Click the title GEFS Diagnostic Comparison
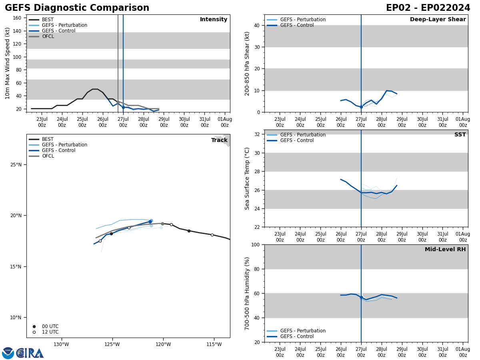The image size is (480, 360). click(77, 8)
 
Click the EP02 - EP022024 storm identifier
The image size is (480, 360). click(428, 8)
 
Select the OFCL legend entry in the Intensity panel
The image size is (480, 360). click(48, 36)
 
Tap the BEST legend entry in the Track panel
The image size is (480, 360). click(48, 139)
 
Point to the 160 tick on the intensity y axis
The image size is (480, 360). click(18, 18)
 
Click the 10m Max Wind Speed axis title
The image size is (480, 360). click(8, 63)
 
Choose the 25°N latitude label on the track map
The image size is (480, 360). click(16, 165)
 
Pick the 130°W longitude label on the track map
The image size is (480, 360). click(61, 344)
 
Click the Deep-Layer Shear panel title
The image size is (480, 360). click(438, 20)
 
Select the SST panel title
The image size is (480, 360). click(460, 135)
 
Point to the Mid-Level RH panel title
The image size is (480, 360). click(445, 250)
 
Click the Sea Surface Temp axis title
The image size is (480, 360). click(248, 178)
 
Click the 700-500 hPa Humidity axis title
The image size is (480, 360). click(248, 293)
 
